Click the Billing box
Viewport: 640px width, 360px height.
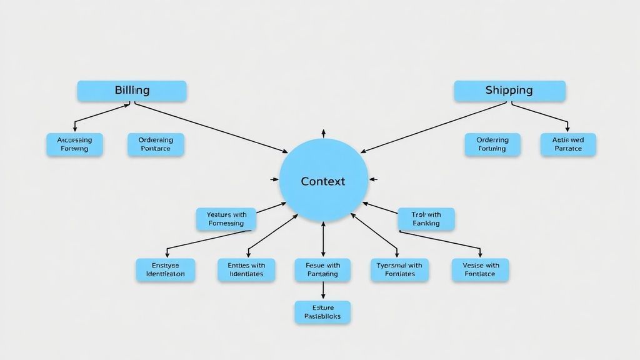132,91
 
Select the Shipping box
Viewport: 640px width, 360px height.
509,91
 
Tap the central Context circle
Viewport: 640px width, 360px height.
322,181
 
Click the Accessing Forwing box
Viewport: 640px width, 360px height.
74,144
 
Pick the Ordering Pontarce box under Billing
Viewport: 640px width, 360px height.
156,144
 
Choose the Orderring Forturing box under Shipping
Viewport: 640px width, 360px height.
492,144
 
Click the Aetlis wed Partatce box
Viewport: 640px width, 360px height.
567,144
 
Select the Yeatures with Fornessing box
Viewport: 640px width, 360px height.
226,219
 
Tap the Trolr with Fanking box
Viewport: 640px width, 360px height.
426,219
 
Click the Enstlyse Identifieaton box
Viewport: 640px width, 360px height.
165,269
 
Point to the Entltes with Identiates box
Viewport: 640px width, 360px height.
246,269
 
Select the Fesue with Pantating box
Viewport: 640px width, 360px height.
322,269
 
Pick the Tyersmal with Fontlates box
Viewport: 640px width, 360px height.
399,269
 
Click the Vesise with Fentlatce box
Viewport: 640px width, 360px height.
480,269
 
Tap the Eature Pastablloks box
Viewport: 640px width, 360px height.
322,312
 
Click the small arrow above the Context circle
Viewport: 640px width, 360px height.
323,133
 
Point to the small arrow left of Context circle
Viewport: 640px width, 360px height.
274,179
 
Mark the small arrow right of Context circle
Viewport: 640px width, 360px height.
373,179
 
